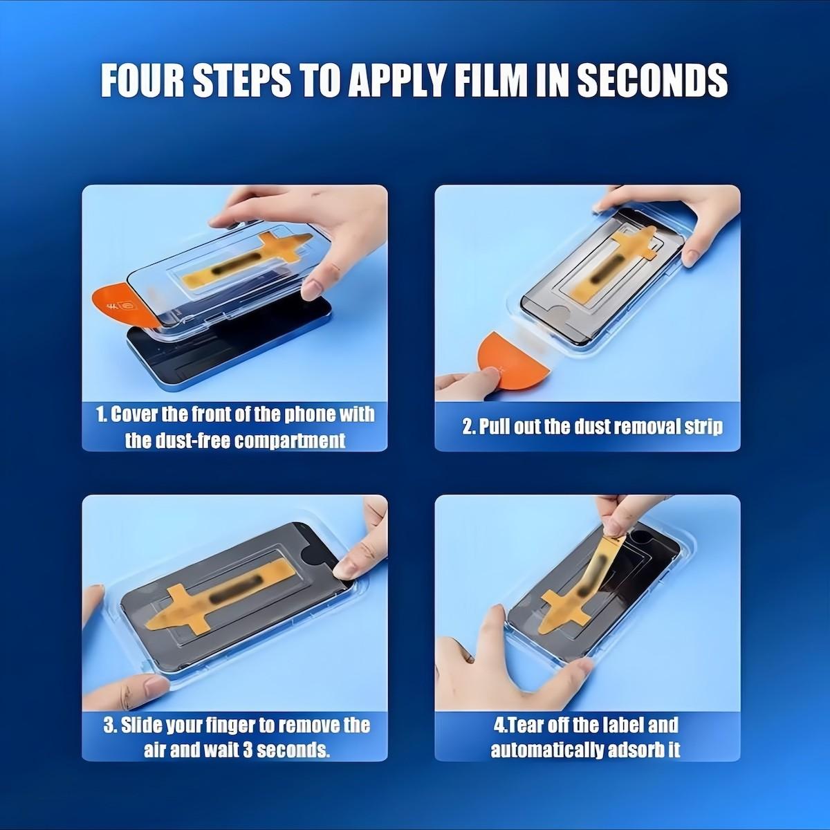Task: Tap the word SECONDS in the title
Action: (x=652, y=80)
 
